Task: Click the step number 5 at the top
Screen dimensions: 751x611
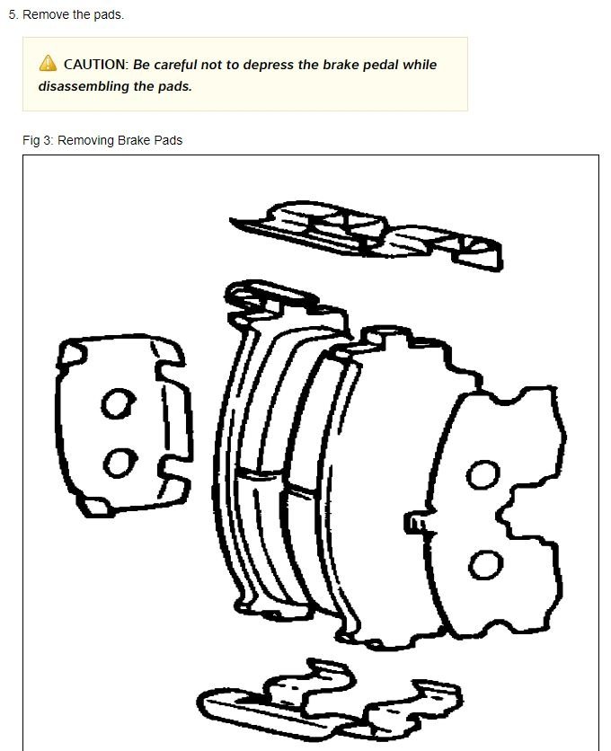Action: [x=12, y=15]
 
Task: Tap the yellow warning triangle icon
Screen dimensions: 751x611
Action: [x=48, y=64]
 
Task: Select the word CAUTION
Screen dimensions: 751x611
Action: [x=95, y=65]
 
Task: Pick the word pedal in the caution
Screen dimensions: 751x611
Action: [x=381, y=65]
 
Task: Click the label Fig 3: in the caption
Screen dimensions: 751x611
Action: [x=38, y=140]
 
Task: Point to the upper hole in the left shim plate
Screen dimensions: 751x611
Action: [x=115, y=405]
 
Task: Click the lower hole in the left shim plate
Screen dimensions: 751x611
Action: [x=116, y=463]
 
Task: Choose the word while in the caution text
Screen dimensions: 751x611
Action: [x=420, y=65]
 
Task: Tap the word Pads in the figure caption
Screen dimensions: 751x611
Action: [x=167, y=140]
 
